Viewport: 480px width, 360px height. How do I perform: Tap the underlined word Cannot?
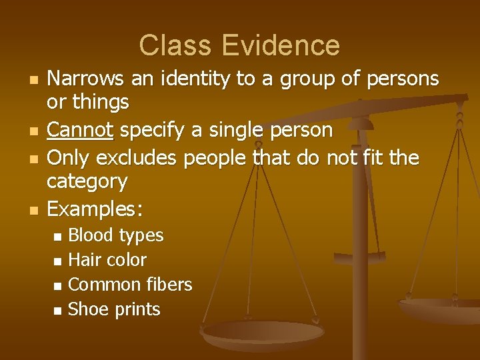point(81,129)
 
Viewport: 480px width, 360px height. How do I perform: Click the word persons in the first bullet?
point(402,79)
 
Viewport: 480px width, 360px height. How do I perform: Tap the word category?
point(87,181)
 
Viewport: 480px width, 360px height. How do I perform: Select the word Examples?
point(95,209)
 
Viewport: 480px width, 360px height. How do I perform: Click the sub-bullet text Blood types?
point(116,235)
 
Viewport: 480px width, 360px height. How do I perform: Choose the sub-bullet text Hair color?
point(107,259)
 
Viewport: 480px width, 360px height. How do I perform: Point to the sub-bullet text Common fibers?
point(130,284)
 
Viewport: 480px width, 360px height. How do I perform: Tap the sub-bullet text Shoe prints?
point(115,309)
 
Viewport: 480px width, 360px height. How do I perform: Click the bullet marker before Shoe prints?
point(57,310)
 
